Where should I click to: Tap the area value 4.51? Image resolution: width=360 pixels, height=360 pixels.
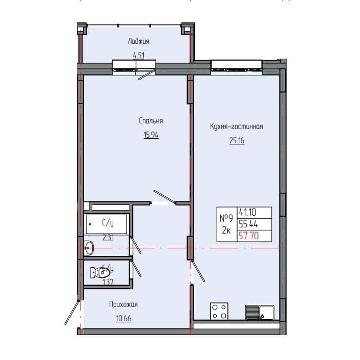pos(138,55)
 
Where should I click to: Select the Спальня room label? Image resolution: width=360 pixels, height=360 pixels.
pos(150,121)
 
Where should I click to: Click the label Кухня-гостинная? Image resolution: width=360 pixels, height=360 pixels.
pos(236,126)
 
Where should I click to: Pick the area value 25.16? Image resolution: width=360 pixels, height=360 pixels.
pos(237,141)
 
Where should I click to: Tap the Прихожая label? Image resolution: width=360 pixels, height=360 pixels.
pos(123,304)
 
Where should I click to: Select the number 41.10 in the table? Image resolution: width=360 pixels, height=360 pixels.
pos(247,213)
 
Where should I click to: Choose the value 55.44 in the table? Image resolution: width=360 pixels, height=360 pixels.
pos(247,224)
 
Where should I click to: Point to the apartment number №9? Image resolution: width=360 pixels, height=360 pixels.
pos(226,218)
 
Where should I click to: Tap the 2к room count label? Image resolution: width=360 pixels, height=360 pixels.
pos(226,230)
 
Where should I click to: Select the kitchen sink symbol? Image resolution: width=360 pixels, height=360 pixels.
pos(260,312)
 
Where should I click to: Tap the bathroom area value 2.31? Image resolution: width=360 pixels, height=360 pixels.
pos(108,237)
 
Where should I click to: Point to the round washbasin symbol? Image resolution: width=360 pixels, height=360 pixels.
pos(89,249)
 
